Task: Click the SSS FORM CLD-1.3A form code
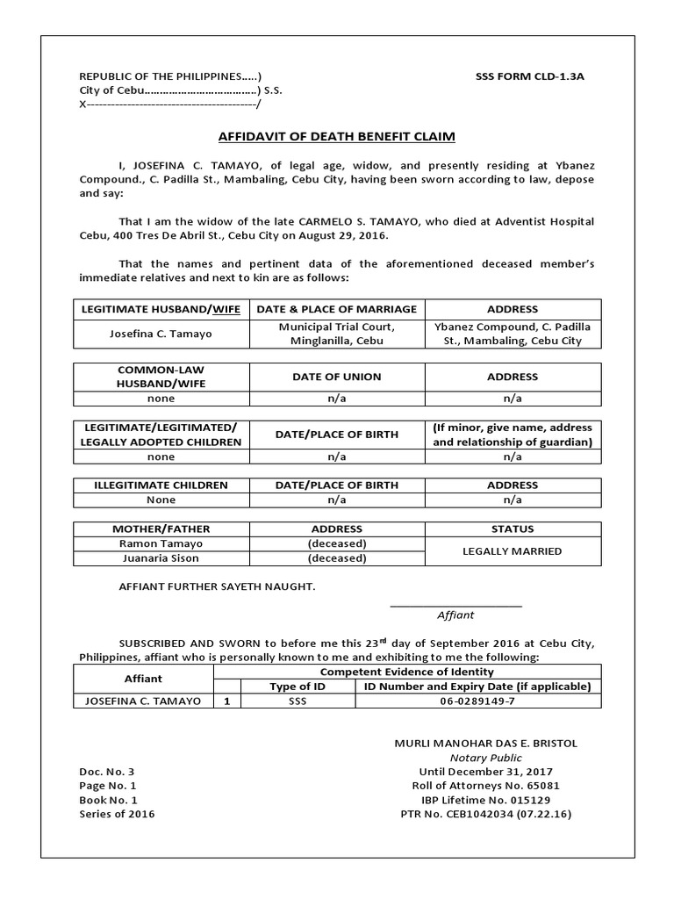point(529,76)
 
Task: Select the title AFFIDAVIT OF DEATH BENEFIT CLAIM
point(337,137)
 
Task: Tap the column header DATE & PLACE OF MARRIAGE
point(337,309)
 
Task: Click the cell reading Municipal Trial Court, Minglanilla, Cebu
point(337,334)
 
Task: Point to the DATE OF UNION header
point(337,377)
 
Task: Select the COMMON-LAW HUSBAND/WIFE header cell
point(161,377)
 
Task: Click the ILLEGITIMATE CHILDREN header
point(161,485)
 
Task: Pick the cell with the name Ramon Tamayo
point(161,543)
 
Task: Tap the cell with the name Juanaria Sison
point(161,557)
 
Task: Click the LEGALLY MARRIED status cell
point(513,550)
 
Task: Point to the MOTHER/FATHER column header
point(161,529)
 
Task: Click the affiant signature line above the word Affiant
point(455,606)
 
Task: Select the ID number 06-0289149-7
point(478,701)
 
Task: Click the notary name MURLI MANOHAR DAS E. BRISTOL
point(485,744)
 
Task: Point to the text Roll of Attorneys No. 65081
point(485,786)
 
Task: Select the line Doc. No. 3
point(106,772)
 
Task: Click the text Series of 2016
point(117,814)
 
